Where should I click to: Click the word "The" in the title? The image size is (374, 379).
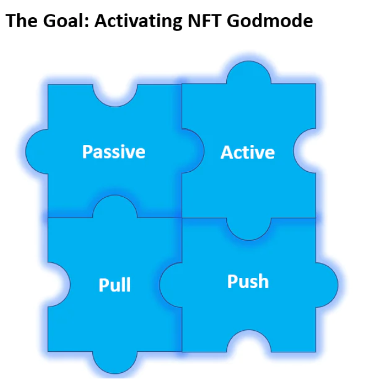coord(21,22)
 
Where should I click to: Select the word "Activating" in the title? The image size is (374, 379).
coord(136,22)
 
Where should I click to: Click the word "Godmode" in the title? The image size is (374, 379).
coord(270,22)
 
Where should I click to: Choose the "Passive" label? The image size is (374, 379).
coord(114,152)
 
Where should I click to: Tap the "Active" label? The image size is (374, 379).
coord(247,152)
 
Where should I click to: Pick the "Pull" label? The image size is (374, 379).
coord(114,285)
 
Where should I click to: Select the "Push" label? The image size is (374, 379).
coord(248,281)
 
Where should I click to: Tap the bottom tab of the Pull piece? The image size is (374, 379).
coord(114,361)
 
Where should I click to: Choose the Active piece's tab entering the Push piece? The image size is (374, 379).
coord(248,228)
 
